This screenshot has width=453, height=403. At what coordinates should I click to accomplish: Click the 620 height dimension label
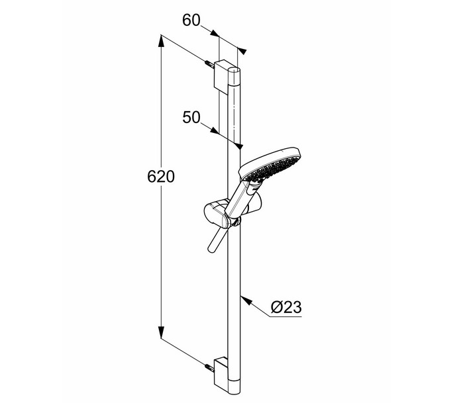161,177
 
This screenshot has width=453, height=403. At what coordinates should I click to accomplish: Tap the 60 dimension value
191,21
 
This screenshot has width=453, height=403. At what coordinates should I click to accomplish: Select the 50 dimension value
191,118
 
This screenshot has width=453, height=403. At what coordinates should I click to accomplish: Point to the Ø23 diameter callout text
286,307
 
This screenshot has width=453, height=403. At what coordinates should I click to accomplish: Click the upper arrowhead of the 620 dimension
161,41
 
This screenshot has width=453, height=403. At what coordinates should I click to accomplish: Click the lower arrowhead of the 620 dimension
161,332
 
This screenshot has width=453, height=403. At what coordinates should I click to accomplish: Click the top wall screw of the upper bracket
209,64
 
